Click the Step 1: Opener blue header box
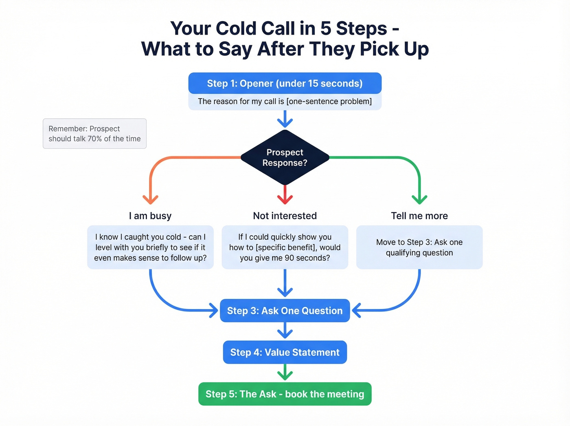tap(285, 84)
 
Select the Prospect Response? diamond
tap(285, 157)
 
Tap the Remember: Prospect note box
tap(94, 134)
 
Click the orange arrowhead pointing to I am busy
tap(150, 199)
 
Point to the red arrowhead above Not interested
tap(285, 199)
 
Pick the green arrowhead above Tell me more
tap(419, 199)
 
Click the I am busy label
tap(150, 216)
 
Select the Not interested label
tap(285, 216)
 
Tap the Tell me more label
tap(419, 216)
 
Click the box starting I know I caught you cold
tap(150, 247)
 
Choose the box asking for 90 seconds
tap(285, 247)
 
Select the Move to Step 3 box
tap(419, 247)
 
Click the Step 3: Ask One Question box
tap(285, 311)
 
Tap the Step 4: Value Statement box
tap(285, 352)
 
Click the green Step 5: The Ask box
tap(285, 394)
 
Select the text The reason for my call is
tap(241, 102)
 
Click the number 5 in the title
tap(325, 29)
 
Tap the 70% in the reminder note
tap(94, 139)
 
